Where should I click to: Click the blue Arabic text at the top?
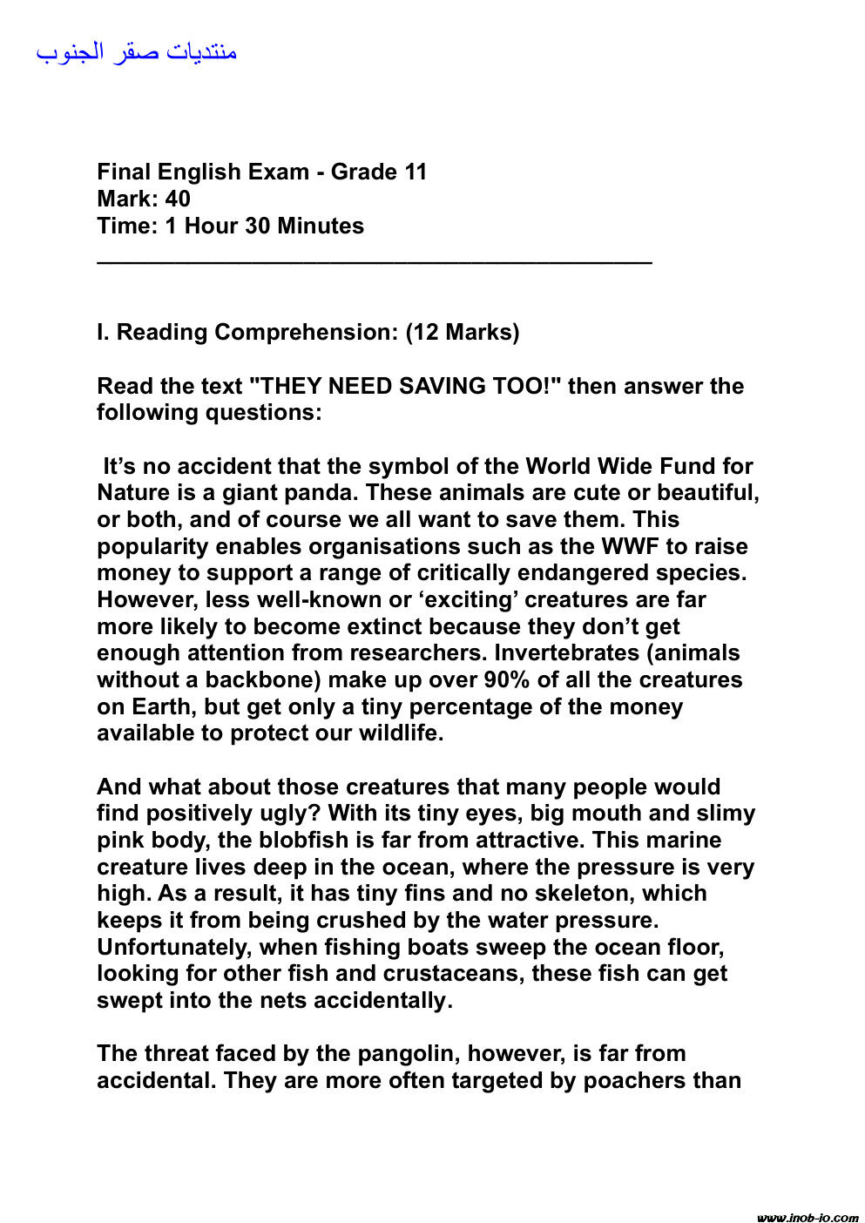137,52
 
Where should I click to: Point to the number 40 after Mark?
178,199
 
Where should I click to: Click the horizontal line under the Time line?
375,260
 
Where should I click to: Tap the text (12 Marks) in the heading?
463,332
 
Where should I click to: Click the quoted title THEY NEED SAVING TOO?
405,386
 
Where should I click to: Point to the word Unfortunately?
174,947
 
